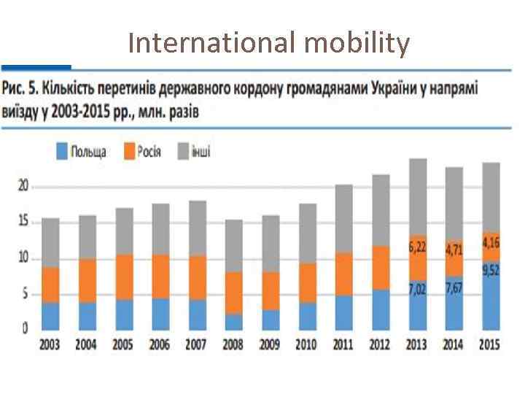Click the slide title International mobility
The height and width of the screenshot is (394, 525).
point(268,44)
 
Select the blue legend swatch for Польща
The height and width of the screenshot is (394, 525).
point(63,152)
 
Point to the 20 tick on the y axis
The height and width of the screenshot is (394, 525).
point(23,187)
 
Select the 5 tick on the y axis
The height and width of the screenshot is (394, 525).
point(25,294)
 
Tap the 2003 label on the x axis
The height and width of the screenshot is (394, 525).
point(50,344)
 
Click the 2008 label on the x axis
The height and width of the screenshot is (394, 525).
point(233,344)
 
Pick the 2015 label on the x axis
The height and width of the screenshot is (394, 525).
point(489,344)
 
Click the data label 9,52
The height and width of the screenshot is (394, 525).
point(490,270)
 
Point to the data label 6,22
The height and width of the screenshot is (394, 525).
point(418,247)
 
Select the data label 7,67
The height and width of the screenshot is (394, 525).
point(454,289)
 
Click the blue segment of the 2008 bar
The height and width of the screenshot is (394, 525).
point(233,321)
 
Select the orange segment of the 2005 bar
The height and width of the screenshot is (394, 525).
point(123,277)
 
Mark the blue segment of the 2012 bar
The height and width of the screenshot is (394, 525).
point(380,309)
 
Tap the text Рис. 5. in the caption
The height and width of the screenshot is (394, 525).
point(20,89)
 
